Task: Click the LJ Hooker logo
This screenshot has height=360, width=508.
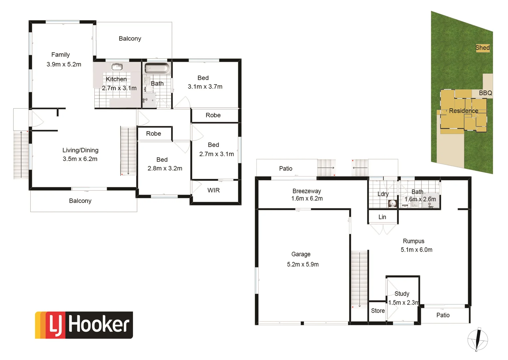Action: point(84,325)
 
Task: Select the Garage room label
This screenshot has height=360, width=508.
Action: point(301,254)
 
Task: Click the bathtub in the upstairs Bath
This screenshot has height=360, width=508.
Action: point(157,68)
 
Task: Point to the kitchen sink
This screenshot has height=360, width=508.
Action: point(117,66)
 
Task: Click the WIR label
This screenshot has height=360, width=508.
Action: point(213,190)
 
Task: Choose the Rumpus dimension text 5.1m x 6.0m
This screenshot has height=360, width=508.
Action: point(416,250)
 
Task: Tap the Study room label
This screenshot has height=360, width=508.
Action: point(402,294)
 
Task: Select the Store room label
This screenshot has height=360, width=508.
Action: point(378,311)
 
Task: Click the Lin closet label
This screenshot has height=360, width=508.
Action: point(382,217)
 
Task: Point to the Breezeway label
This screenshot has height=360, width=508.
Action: point(306,191)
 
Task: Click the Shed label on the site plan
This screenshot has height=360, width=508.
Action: point(482,48)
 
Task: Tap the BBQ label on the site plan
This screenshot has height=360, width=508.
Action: point(485,93)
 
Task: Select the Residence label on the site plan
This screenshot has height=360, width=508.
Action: point(463,111)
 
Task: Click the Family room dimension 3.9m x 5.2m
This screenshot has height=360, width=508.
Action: point(64,64)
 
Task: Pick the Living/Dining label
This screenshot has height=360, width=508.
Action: point(80,150)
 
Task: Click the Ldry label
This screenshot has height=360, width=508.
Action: point(383,194)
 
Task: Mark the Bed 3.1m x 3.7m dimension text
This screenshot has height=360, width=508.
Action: point(205,87)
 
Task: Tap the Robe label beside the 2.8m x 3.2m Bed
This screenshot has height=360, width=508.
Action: point(153,134)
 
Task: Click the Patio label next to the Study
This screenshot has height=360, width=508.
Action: point(443,315)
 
